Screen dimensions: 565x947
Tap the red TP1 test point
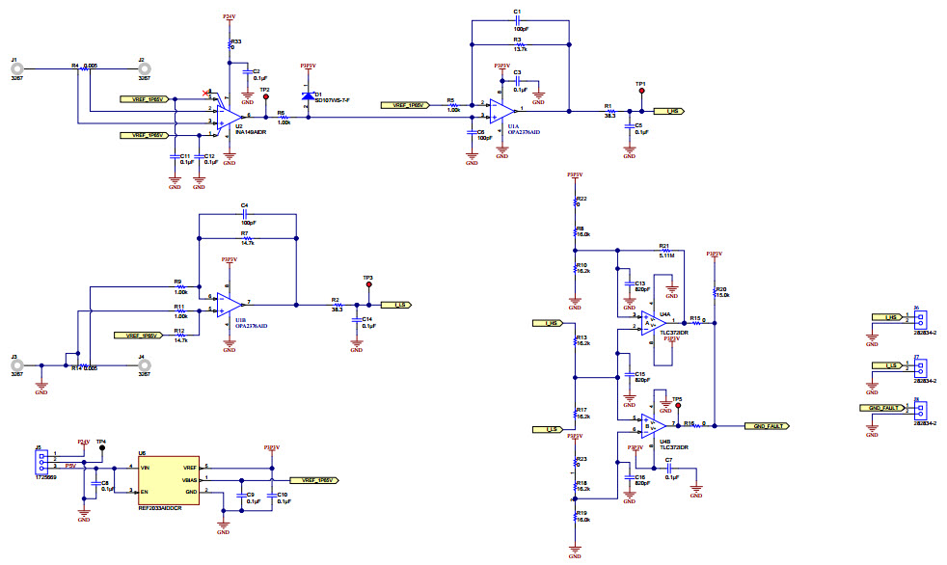[641, 92]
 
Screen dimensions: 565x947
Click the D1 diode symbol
[308, 96]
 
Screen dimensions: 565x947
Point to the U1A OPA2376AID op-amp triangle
[501, 108]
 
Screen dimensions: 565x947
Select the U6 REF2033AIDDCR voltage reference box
[169, 479]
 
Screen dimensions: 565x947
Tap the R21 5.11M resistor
[663, 252]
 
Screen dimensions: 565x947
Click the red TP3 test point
[367, 285]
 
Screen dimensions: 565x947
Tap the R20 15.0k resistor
[714, 290]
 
